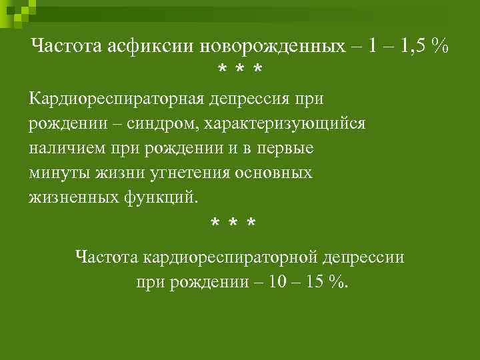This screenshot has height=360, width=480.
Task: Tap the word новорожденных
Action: click(261, 46)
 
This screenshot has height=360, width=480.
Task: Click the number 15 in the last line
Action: click(314, 281)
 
